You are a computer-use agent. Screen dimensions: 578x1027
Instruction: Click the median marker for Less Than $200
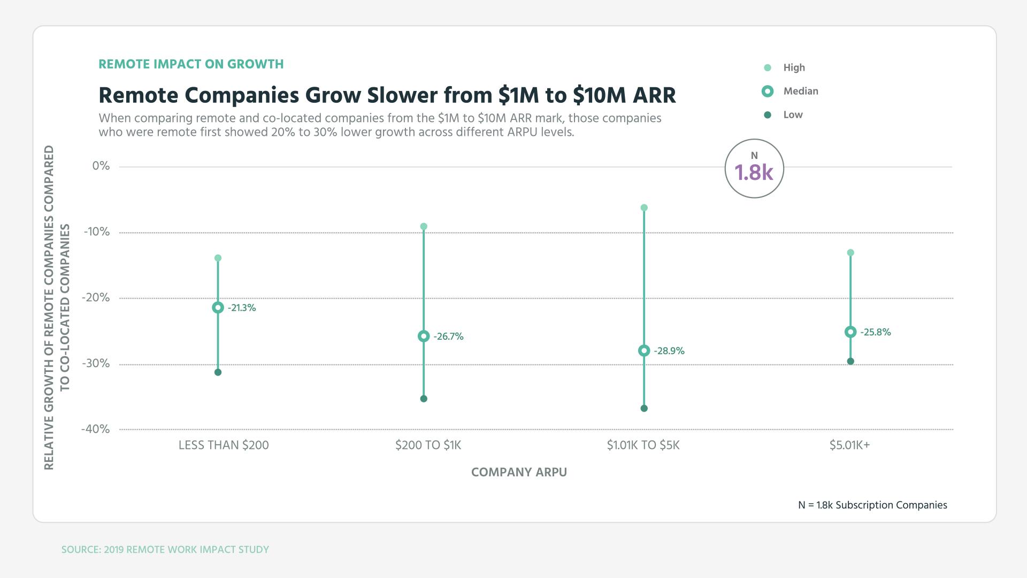coord(218,308)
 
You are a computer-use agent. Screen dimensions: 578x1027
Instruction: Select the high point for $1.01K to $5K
coord(644,208)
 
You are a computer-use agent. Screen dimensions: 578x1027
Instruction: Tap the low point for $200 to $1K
coord(424,399)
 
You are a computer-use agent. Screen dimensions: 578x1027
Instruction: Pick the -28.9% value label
coord(669,351)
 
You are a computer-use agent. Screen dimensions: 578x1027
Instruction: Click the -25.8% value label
coord(875,332)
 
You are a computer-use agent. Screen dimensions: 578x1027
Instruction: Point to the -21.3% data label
coord(242,308)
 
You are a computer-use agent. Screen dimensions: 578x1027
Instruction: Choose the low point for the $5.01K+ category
coord(850,361)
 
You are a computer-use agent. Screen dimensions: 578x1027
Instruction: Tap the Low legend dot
coord(768,115)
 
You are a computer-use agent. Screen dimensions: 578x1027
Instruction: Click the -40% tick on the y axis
coord(95,429)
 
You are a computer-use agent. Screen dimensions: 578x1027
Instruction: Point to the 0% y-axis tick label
coord(101,166)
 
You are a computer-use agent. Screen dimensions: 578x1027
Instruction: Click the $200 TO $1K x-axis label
coord(428,445)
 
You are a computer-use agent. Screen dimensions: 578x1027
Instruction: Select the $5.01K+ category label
coord(849,445)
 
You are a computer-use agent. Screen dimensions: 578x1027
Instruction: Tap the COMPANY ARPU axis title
coord(519,473)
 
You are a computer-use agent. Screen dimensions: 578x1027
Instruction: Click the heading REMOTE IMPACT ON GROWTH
coord(191,64)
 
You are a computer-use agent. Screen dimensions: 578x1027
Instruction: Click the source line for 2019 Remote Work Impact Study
coord(165,550)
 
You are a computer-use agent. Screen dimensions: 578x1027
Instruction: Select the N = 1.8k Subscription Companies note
coord(872,505)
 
